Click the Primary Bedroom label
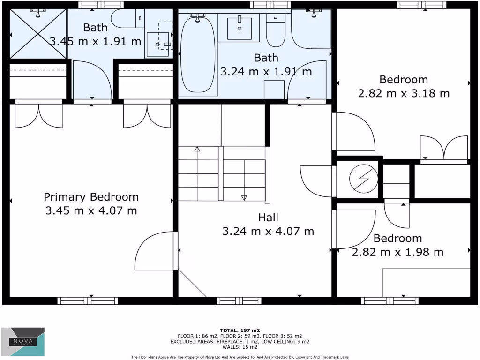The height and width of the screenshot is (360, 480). (91, 197)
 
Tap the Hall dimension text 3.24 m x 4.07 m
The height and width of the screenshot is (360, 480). (268, 231)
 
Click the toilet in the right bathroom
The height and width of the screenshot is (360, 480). (275, 30)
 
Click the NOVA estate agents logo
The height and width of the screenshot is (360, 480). (23, 339)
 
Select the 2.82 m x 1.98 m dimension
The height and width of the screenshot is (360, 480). (397, 252)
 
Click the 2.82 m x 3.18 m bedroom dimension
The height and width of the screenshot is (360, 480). (404, 93)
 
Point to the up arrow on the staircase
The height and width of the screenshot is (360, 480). (197, 150)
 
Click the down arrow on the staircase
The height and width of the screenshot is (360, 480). (244, 198)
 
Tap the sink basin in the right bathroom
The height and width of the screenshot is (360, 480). (240, 28)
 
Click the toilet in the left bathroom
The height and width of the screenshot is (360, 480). (124, 20)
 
